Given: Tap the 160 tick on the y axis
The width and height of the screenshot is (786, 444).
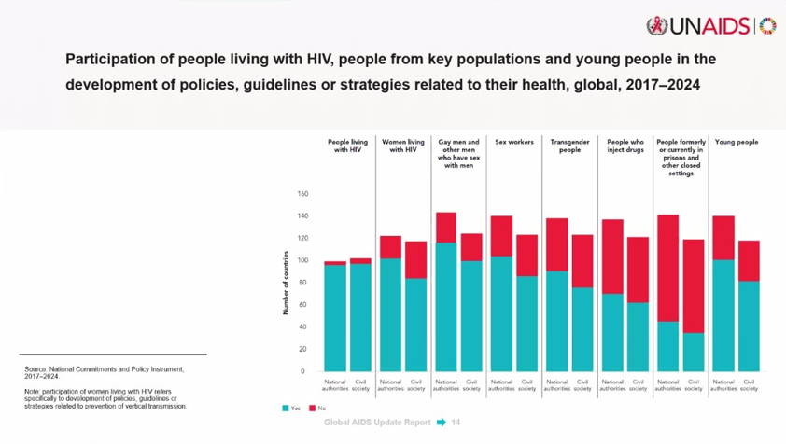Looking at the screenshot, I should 302,194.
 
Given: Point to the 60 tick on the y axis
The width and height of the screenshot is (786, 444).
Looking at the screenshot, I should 302,305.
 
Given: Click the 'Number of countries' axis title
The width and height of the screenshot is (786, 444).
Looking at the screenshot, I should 286,283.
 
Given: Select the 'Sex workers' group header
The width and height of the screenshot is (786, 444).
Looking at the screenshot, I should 514,143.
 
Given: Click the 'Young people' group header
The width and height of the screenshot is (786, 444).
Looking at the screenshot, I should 736,143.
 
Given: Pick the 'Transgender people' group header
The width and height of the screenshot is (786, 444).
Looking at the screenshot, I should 569,146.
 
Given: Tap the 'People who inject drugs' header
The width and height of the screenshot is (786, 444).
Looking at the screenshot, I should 625,146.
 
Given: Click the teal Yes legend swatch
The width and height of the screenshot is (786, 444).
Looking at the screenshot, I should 286,409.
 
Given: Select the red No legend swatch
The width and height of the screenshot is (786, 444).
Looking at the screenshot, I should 312,409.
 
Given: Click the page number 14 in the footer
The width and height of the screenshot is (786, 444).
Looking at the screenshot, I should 456,423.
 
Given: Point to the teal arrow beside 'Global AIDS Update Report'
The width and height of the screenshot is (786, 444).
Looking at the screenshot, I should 441,423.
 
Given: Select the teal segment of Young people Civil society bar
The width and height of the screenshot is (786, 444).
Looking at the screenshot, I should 749,326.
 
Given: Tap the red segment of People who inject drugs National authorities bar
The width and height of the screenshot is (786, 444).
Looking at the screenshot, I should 612,257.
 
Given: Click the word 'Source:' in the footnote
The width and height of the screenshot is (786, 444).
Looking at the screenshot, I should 35,369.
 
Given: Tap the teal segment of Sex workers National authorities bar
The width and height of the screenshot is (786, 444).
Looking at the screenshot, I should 501,313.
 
